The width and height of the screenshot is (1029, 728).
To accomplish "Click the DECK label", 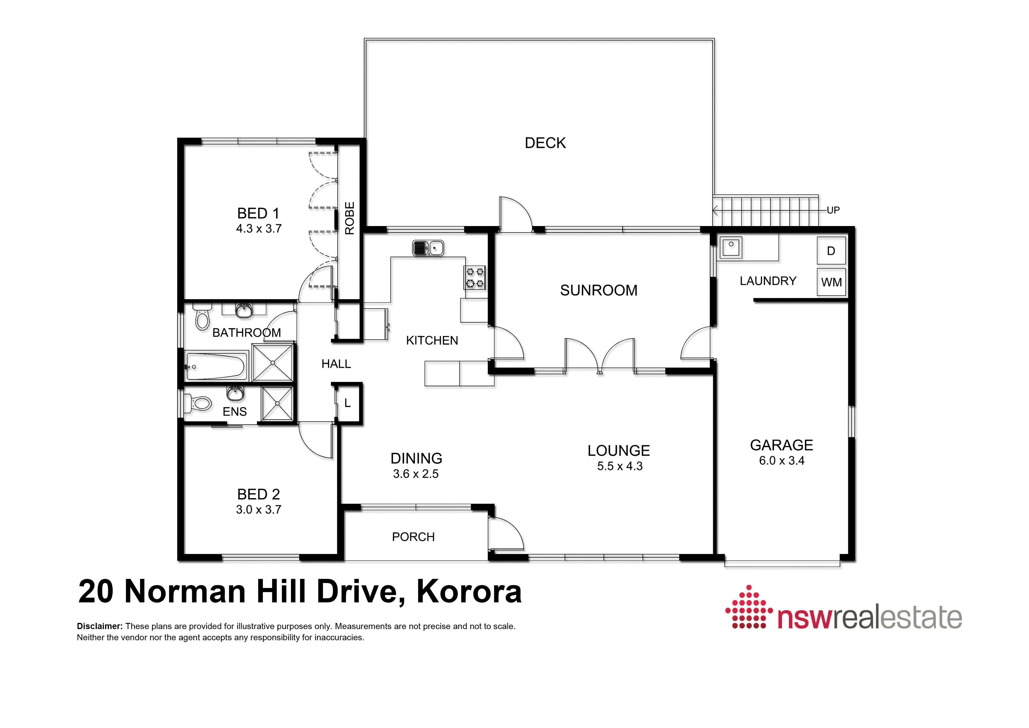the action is [545, 143].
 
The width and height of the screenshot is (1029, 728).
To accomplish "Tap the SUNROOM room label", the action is [599, 290].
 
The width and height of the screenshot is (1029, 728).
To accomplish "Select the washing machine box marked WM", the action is [831, 282].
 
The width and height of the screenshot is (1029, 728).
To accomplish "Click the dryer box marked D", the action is [831, 251].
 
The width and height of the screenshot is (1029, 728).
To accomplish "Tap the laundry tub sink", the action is [731, 247].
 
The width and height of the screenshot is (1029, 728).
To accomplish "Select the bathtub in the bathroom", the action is [216, 366].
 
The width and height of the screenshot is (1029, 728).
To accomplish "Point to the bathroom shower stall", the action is [273, 363].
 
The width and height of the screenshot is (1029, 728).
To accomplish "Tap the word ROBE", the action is [350, 218].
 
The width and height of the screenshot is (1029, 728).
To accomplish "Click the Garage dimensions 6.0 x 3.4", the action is [782, 461].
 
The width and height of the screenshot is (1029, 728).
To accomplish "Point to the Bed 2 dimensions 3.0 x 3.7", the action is [259, 510].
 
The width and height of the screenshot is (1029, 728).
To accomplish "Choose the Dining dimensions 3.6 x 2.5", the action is [416, 474].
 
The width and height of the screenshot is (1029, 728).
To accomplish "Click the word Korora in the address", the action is [469, 591].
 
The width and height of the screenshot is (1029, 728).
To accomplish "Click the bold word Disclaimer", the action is [99, 626].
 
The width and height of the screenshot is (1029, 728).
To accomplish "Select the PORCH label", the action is [413, 537].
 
